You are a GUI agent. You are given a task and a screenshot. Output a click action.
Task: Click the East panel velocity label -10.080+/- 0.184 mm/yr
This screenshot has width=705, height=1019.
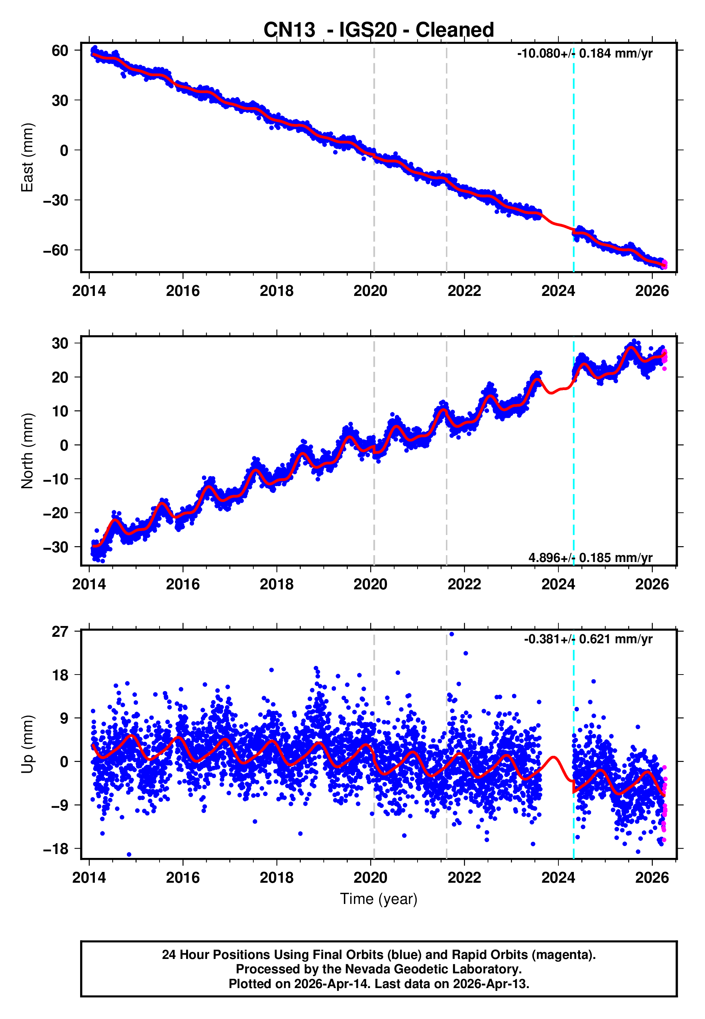[x=584, y=54]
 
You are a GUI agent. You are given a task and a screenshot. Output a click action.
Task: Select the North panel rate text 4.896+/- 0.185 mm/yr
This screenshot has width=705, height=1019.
[x=590, y=557]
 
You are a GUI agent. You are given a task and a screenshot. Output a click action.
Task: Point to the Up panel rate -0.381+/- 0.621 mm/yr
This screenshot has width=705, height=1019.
[x=587, y=639]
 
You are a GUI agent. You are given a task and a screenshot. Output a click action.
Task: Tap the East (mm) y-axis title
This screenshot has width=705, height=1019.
[x=27, y=157]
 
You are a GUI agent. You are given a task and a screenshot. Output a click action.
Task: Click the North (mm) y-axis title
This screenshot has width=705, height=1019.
[x=27, y=451]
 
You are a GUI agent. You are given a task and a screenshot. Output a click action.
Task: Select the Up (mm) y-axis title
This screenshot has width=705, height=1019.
[x=27, y=745]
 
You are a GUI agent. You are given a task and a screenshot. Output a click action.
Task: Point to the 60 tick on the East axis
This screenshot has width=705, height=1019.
[x=60, y=50]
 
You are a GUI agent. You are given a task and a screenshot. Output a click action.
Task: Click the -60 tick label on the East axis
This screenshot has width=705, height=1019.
[x=56, y=250]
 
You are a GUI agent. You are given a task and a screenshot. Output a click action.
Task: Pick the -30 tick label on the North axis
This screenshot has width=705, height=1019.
[x=56, y=547]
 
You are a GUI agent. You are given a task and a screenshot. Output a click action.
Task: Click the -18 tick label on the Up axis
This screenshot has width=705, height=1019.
[x=56, y=849]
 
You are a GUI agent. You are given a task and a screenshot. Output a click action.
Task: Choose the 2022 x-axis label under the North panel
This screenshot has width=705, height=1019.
[x=464, y=585]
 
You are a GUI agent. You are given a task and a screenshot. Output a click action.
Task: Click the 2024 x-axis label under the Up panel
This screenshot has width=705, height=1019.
[x=558, y=878]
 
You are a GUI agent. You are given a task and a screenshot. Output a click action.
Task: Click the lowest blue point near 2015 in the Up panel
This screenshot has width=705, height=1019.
[x=129, y=854]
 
